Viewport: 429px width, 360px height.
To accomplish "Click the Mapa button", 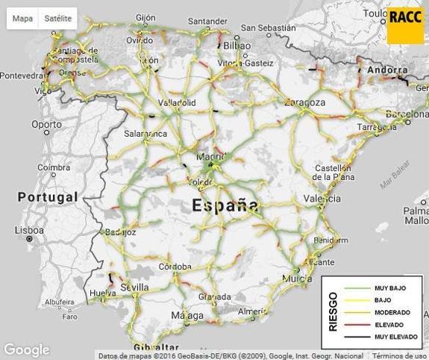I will [x=22, y=18].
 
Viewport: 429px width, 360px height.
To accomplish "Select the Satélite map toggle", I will [x=58, y=18].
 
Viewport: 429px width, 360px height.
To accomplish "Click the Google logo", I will [x=26, y=350].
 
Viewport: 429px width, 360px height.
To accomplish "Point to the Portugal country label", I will [x=47, y=196].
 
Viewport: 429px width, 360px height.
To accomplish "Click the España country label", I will [x=225, y=205].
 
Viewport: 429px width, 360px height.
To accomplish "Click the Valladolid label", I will [x=177, y=102].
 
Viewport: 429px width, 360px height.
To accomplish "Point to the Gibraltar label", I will [x=157, y=347].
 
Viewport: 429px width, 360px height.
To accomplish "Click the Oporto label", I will [x=47, y=124].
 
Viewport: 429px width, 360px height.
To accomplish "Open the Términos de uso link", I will [x=400, y=356].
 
